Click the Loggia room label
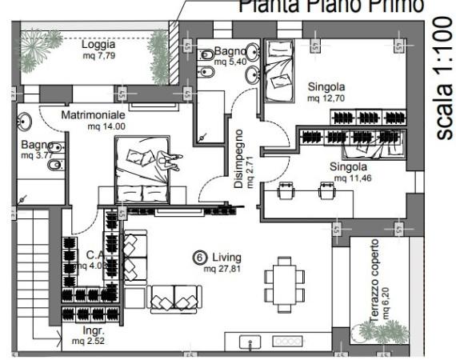click(x=98, y=45)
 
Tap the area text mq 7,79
click(x=98, y=56)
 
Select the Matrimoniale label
click(x=94, y=115)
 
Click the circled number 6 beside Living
click(x=200, y=258)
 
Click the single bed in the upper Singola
click(x=279, y=70)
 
